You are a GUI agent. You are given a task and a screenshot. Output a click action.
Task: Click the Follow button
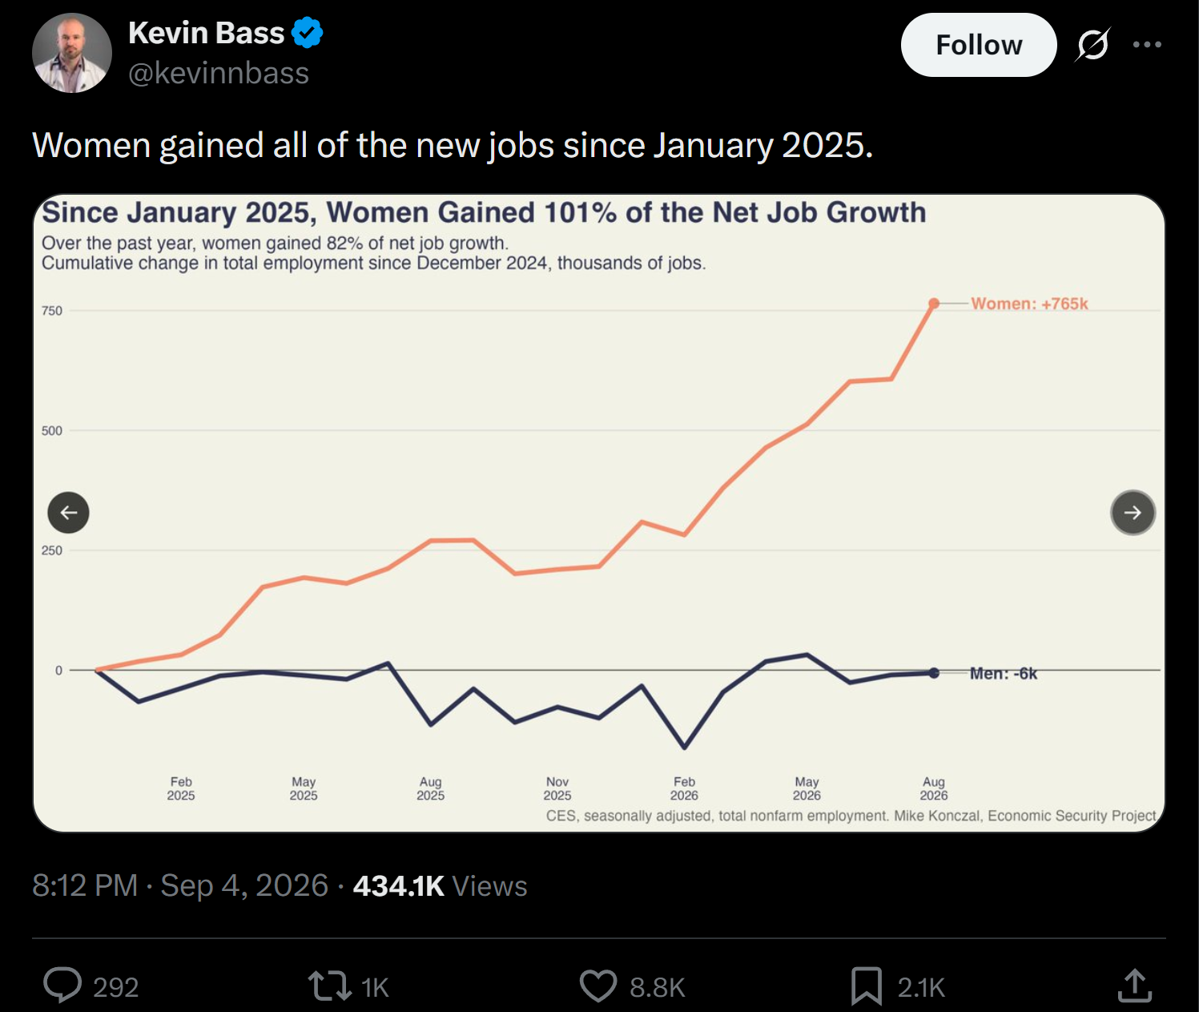click(979, 45)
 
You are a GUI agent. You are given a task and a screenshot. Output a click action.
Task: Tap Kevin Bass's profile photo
click(72, 53)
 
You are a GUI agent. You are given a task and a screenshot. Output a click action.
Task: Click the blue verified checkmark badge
click(308, 32)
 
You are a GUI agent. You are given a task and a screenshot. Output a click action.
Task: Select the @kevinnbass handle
click(219, 74)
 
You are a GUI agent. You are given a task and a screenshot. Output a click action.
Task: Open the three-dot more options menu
click(1147, 44)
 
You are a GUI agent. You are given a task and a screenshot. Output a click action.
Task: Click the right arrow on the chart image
click(1133, 513)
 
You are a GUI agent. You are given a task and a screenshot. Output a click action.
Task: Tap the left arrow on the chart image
click(68, 513)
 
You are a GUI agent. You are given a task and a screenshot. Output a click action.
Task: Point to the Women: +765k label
click(1029, 304)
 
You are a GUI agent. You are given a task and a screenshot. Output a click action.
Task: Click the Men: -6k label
click(1004, 674)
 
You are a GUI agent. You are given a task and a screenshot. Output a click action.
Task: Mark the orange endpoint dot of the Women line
click(934, 304)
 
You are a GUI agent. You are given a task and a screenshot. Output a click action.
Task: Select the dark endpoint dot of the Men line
click(934, 673)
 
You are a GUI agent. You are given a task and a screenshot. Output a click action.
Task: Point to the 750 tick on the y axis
click(52, 311)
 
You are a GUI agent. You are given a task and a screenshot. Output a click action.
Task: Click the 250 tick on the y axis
click(52, 550)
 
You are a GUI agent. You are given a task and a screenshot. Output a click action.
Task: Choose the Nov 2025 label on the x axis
click(557, 788)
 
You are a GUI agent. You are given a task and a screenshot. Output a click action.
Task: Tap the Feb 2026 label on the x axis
click(684, 788)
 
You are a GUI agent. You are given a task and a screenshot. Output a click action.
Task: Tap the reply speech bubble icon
click(62, 985)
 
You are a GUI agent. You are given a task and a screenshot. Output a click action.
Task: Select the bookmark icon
click(866, 986)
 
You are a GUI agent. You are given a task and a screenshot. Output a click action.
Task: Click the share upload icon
click(1134, 986)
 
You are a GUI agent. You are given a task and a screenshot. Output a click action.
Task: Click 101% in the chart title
click(580, 212)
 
